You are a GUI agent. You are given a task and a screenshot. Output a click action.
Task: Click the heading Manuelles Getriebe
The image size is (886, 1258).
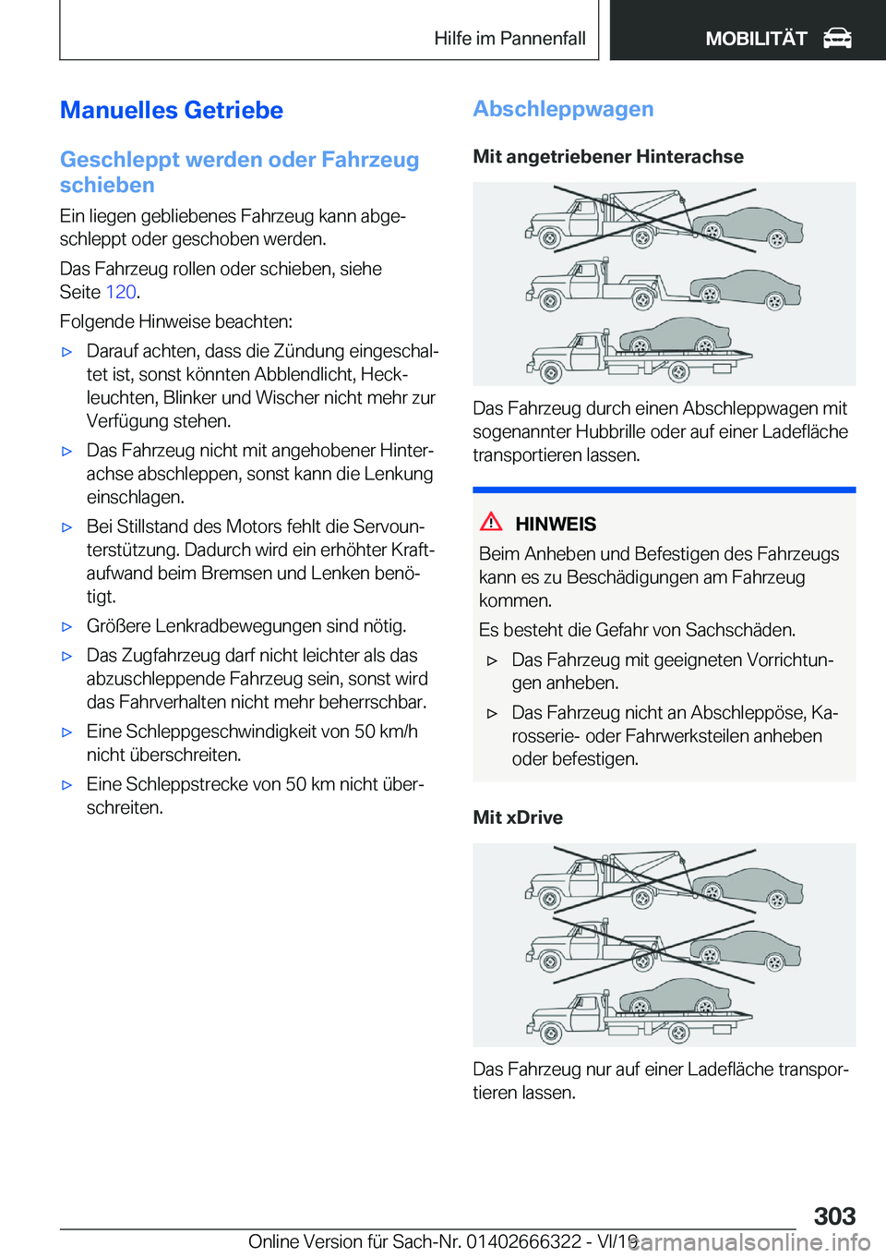point(172,111)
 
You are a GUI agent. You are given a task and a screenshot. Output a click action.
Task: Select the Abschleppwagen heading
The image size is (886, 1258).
point(563,109)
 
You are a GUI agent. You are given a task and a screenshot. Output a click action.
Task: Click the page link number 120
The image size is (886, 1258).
point(121,292)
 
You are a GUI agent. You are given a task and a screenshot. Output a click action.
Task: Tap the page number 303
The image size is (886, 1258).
point(834,1216)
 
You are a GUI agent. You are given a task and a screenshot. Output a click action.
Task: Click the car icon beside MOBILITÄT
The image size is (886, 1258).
point(837,39)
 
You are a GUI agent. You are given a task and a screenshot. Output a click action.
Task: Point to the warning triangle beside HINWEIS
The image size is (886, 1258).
point(491,522)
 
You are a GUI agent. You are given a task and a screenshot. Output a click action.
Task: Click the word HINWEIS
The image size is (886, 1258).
point(556,525)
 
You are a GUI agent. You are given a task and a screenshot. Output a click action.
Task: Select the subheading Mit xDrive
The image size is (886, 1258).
point(518,817)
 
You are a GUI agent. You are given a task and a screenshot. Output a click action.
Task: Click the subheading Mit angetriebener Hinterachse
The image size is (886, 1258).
point(608,157)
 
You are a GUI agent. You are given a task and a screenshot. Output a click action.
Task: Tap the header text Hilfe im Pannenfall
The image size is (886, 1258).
point(509,39)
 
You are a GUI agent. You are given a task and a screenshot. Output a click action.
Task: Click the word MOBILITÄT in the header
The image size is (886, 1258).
point(756,39)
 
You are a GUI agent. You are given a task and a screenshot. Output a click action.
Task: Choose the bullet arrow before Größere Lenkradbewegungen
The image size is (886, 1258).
point(66,627)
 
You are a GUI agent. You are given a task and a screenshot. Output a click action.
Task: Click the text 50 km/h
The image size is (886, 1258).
point(386,732)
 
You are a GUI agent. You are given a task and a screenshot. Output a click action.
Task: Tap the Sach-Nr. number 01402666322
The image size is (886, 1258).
point(523,1241)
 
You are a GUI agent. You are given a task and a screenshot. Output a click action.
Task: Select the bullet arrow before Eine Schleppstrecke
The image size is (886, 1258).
point(66,785)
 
